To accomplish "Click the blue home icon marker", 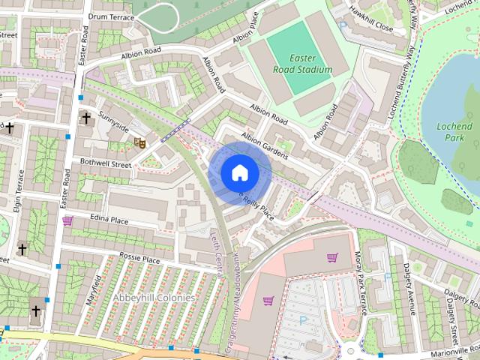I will tap(238, 172).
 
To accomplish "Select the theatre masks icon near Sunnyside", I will tap(138, 141).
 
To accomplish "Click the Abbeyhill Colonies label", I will tap(154, 298).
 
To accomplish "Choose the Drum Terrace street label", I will tap(111, 16).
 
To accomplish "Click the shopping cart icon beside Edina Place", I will tap(67, 220).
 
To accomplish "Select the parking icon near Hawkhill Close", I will tap(343, 25).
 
